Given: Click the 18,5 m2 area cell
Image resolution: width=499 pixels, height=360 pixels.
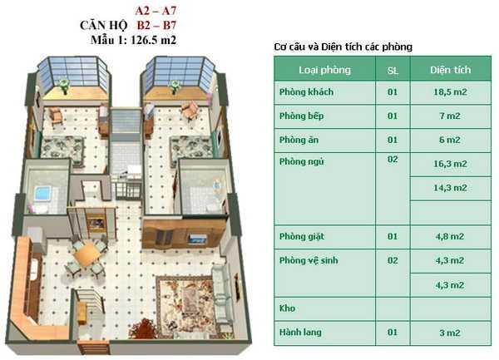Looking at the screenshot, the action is [x=450, y=92].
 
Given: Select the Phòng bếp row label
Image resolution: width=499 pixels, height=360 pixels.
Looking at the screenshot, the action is [x=301, y=116].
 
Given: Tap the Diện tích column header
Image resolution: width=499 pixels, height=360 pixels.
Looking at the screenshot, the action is [x=450, y=70].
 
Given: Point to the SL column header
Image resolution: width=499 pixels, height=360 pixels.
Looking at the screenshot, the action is [x=393, y=71].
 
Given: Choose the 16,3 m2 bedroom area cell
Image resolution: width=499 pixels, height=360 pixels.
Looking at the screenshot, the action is [x=450, y=164].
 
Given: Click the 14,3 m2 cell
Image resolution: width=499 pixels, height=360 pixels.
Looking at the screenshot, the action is [x=450, y=188].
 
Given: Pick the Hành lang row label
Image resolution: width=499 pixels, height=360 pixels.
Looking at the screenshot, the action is [x=300, y=333].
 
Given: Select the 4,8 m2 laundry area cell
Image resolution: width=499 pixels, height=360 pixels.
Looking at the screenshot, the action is [x=450, y=237].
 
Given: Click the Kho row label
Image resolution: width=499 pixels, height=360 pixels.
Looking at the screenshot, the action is [x=287, y=308].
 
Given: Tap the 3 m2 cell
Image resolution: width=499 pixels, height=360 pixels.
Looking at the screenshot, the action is [x=450, y=333].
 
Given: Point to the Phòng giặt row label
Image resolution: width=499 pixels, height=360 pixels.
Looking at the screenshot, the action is [x=302, y=237].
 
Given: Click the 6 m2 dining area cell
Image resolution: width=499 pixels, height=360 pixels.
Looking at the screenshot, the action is [x=450, y=140].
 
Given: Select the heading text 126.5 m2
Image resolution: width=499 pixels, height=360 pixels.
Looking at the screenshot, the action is [x=153, y=41].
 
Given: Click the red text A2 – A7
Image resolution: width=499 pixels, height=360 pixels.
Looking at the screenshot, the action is [x=156, y=11].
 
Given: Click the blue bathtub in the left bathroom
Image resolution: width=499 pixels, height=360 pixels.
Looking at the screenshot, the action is [x=42, y=193].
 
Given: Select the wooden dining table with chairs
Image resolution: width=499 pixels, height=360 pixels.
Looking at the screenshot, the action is [x=86, y=254].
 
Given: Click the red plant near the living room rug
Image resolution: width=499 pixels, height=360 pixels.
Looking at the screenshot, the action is [x=143, y=329].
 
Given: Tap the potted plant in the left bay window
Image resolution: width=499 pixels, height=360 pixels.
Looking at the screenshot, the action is [x=64, y=86].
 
